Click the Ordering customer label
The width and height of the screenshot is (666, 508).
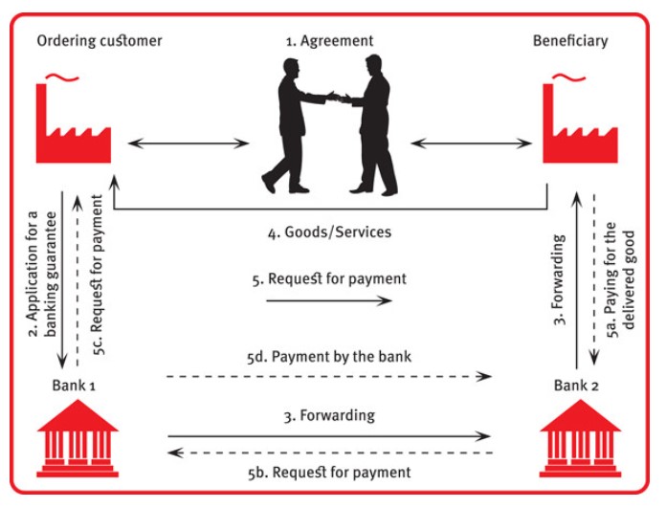pos(100,41)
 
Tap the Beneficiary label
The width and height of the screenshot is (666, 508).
pos(570,41)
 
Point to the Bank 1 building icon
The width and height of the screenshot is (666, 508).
pos(78,438)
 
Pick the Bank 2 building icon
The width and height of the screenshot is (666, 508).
pos(580,438)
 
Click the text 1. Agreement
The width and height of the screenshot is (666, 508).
pos(329,41)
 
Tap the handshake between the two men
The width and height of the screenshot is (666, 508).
pos(339,98)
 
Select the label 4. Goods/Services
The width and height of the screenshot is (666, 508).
pos(329,232)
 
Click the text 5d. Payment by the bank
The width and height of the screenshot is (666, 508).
pos(329,356)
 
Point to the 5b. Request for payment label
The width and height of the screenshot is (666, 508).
pos(329,473)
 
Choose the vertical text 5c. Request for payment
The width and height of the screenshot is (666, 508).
pos(98,275)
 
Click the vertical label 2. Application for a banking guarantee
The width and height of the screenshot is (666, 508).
pos(42,274)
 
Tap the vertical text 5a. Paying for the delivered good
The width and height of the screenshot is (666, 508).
pos(620,280)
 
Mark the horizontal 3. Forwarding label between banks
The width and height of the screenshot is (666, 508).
pos(329,415)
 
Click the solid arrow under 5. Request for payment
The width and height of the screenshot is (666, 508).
pos(329,300)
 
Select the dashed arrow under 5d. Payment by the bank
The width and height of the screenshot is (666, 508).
pos(329,376)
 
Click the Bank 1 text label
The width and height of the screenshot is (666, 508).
pos(74,386)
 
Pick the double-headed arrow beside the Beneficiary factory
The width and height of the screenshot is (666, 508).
pos(472,144)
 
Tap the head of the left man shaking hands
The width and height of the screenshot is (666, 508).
pos(292,68)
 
